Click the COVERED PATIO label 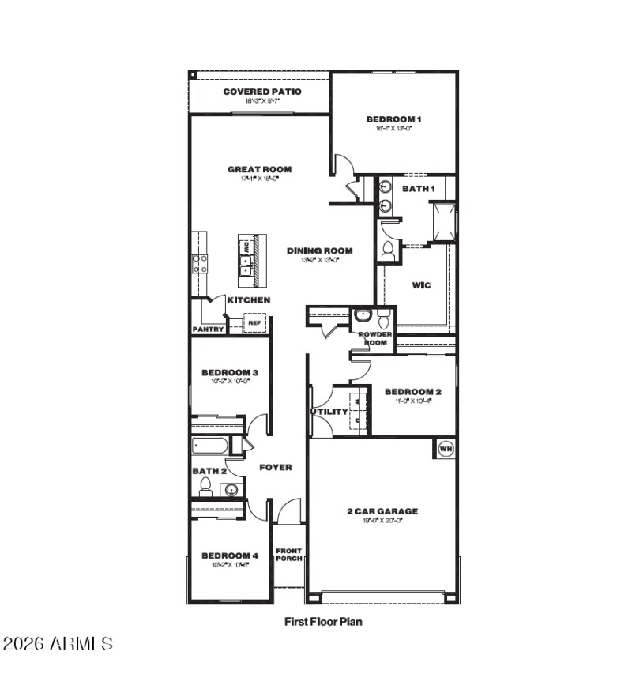coord(261,92)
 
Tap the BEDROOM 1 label coord(393,119)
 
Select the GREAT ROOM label coord(259,169)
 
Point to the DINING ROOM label coord(319,250)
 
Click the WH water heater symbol coord(444,448)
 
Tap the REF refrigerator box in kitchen coord(254,322)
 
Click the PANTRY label coord(208,329)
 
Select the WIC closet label coord(421,284)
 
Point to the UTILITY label coord(329,412)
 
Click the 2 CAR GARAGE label coord(382,511)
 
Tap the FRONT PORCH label coord(288,555)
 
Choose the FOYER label coord(276,467)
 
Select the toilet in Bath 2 coord(205,485)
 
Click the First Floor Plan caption coord(323,622)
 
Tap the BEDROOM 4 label coord(230,555)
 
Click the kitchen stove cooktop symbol coord(199,263)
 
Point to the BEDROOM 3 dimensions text coord(230,382)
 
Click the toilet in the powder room coord(383,320)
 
